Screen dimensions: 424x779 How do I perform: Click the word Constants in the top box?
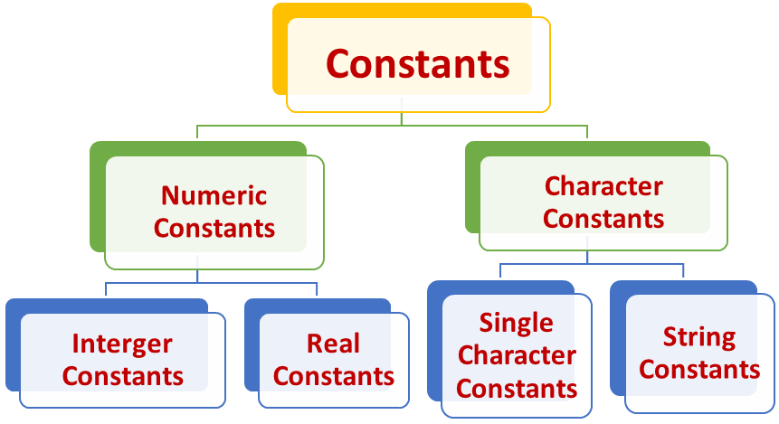pos(417,64)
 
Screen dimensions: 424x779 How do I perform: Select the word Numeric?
pos(214,195)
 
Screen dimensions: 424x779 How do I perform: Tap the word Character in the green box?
pos(603,187)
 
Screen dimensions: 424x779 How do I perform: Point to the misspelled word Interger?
pos(122,344)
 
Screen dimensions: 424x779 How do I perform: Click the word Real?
pos(333,344)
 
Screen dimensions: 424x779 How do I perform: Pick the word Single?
pos(516,323)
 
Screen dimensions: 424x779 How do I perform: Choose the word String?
pos(699,337)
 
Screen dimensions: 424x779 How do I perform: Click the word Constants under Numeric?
pos(214,228)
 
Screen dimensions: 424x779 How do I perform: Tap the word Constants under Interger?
pos(122,375)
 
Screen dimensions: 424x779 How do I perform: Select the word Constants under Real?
pos(333,375)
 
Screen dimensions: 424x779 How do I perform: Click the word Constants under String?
pos(699,369)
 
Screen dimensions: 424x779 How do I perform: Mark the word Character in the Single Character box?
pos(516,355)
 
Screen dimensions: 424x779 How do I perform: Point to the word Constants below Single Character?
pos(516,388)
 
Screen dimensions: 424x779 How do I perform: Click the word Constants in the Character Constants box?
pos(603,219)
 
